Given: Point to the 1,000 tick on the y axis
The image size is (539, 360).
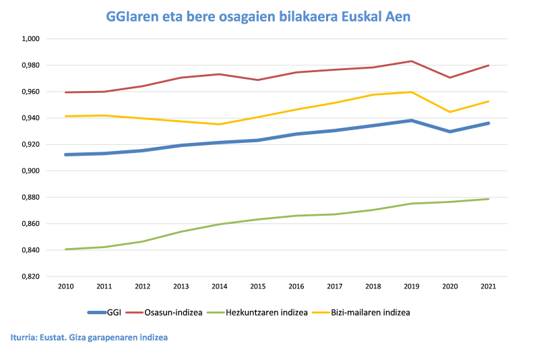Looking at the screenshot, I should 31,39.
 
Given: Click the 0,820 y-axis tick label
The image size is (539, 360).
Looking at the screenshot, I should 31,276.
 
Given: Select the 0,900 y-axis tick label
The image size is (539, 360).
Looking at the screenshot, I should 31,171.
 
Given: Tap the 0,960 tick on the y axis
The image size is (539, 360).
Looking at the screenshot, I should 31,92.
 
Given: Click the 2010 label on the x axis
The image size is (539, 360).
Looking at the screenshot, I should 65,287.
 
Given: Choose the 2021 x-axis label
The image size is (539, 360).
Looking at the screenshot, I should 488,287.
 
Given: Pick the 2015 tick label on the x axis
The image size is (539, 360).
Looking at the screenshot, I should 257,287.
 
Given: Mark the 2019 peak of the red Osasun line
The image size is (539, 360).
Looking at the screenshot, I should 412,61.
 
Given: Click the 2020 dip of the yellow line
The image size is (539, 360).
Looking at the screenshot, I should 450,112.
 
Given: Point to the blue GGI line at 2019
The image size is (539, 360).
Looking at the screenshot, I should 412,121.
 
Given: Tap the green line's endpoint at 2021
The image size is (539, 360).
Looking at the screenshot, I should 488,199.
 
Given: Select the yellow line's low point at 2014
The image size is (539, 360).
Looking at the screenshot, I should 219,124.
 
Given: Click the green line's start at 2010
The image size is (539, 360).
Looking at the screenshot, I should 65,249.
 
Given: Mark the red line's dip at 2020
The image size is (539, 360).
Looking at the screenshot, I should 450,78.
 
